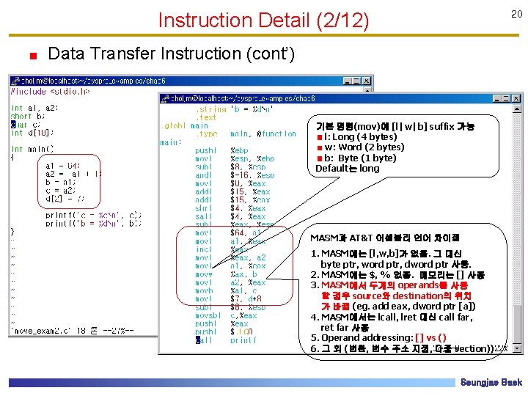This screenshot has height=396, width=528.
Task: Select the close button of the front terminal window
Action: click(x=517, y=98)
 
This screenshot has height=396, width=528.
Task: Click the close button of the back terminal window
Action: click(x=367, y=81)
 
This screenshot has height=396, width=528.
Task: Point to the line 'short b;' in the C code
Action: click(x=26, y=116)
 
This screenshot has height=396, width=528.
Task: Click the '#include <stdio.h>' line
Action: click(x=50, y=92)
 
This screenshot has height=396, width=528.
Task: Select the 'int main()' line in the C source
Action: click(x=32, y=149)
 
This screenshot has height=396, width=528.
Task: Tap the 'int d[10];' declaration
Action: click(x=32, y=132)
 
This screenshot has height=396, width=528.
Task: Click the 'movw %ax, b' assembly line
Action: click(x=227, y=273)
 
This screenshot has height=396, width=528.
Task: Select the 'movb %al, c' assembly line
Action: click(x=227, y=290)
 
